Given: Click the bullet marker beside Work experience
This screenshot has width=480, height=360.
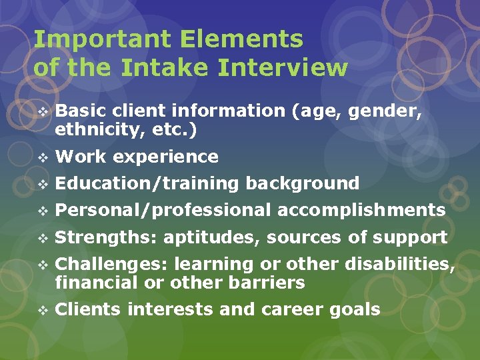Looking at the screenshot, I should coord(43,157).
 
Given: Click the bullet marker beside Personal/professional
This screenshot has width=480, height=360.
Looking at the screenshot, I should coord(43,211).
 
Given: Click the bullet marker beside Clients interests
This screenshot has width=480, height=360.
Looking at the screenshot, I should coord(43,310).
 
